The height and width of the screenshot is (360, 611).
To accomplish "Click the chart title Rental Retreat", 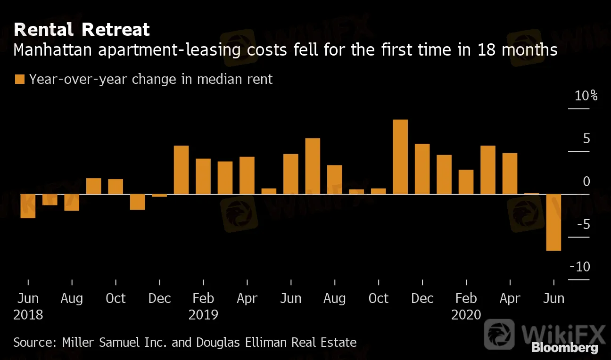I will click(x=82, y=30).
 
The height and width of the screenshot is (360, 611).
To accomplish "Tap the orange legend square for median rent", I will click(x=19, y=79).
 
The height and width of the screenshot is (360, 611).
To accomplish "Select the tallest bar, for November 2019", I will click(x=400, y=157).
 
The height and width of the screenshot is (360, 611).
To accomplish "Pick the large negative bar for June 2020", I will click(x=553, y=222).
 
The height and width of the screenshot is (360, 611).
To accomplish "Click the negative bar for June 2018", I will click(x=28, y=206).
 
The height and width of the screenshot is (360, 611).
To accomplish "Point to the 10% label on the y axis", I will click(x=586, y=96).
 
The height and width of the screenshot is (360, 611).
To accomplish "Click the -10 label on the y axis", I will click(x=580, y=267).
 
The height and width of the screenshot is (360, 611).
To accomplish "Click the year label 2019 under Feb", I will click(x=203, y=315).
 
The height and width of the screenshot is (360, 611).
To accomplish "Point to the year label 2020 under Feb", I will click(x=466, y=315).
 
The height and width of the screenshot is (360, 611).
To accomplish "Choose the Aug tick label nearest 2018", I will click(x=72, y=299).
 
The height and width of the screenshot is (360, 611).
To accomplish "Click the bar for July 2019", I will click(x=313, y=166).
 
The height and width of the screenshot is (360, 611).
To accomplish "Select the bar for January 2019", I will click(x=181, y=170).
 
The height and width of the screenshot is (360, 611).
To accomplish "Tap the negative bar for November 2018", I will click(x=137, y=202).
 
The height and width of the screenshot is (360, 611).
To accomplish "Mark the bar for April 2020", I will click(x=510, y=173).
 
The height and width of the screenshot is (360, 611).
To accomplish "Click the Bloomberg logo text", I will click(x=564, y=349).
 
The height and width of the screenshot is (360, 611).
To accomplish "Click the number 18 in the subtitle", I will click(x=485, y=49).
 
